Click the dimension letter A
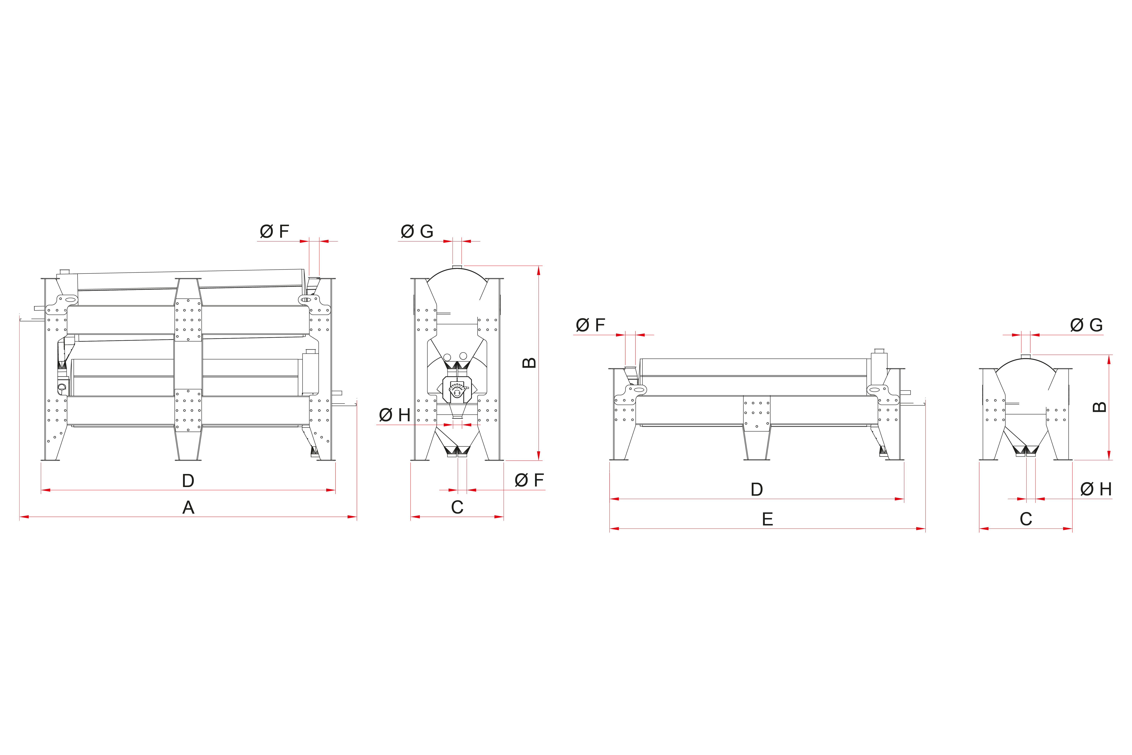[188, 507]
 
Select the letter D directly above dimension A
[188, 481]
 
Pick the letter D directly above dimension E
[757, 489]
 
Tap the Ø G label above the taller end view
[417, 232]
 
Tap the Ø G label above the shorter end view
[1086, 325]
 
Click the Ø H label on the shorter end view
[1096, 489]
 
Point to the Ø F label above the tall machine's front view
[274, 232]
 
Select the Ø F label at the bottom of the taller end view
[529, 480]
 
